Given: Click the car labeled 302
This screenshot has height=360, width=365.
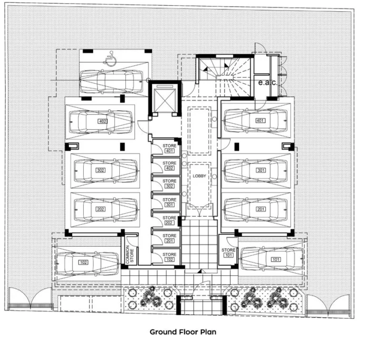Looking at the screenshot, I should coord(105,170).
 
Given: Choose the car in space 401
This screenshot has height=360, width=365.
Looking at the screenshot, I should coord(256,121).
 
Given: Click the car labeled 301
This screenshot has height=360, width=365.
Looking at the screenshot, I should coord(256,170).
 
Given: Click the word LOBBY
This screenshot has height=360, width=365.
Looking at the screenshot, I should coord(199,176).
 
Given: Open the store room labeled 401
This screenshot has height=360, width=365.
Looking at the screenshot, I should coord(169,148).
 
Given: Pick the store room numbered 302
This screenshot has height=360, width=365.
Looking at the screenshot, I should coord(169,184).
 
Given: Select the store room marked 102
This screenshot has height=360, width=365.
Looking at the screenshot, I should coord(169,257).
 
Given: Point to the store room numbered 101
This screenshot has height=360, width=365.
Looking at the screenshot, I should coord(228,253).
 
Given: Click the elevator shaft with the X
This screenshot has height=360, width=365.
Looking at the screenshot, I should coord(164,100).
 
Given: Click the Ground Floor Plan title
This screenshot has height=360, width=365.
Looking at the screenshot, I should coord(182,331).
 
